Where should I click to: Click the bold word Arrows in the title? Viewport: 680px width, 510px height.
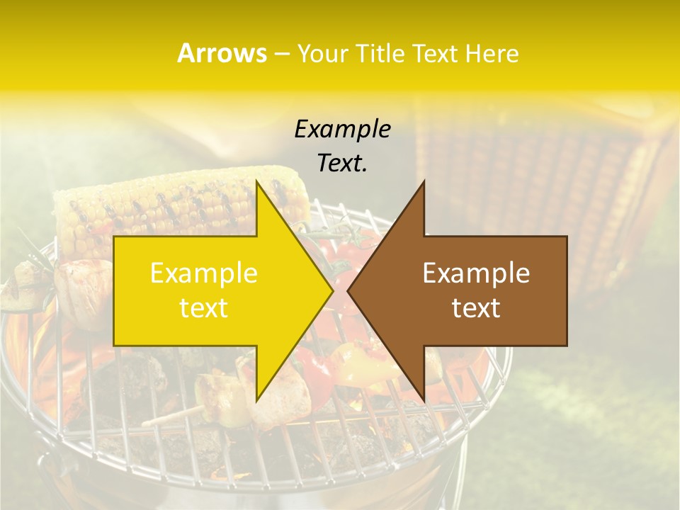[x=222, y=53]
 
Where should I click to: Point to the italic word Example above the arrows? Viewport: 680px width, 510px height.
[x=342, y=129]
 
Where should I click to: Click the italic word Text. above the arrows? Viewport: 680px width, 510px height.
[x=342, y=163]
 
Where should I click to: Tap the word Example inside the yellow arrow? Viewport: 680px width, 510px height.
[x=203, y=273]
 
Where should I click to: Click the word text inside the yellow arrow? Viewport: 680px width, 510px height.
[x=203, y=308]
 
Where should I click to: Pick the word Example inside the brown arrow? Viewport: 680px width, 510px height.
[x=476, y=273]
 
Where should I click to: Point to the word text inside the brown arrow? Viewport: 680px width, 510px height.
[x=476, y=308]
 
